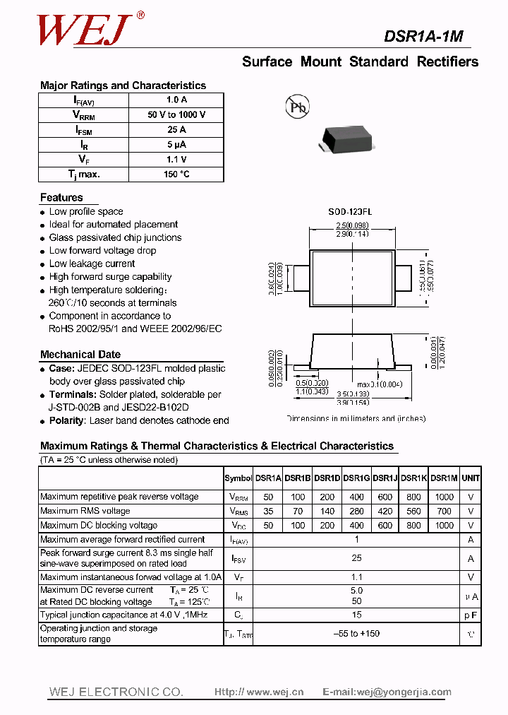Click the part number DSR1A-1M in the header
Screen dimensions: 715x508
[x=423, y=37]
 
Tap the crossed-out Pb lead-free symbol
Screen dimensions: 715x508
[x=297, y=107]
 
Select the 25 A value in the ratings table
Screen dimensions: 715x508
[x=176, y=129]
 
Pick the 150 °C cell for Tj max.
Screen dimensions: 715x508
[x=176, y=174]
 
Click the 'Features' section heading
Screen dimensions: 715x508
[x=61, y=198]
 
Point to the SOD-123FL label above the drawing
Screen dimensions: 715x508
[x=350, y=211]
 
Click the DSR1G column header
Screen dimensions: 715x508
[x=356, y=478]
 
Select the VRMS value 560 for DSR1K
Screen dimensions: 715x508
[x=414, y=511]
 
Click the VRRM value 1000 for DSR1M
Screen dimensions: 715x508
[x=444, y=497]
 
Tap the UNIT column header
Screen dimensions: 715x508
[x=471, y=478]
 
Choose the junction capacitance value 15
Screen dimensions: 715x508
[x=357, y=615]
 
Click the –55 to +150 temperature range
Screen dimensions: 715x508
[x=356, y=634]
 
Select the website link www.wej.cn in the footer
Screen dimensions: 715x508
[x=259, y=692]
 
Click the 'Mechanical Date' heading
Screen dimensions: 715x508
[x=80, y=355]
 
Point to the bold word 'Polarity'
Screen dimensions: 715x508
[x=66, y=420]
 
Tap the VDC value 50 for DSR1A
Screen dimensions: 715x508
[x=268, y=526]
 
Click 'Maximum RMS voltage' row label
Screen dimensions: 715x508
[x=85, y=511]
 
